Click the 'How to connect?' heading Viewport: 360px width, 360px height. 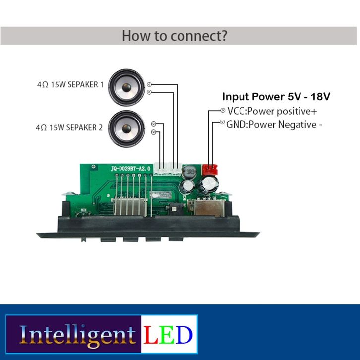(175, 36)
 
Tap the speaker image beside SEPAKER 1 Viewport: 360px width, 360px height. (126, 87)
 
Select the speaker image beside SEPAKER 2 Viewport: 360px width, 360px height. (126, 129)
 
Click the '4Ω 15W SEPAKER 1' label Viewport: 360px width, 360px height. (70, 84)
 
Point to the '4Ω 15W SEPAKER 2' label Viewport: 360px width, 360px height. (69, 127)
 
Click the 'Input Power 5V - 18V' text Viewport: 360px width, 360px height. (276, 96)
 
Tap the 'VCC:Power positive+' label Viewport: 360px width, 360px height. (272, 112)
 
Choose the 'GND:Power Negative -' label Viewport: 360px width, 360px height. (274, 125)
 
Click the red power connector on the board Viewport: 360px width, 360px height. (210, 170)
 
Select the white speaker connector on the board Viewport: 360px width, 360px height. (168, 169)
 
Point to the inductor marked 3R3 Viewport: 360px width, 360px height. (190, 172)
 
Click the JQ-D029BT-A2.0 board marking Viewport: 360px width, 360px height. (130, 169)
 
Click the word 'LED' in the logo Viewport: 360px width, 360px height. (168, 335)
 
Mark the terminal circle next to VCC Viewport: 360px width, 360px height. (223, 110)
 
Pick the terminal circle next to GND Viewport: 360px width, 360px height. (222, 122)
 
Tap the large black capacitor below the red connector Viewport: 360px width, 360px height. (210, 183)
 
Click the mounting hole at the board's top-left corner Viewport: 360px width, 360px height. (93, 166)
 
